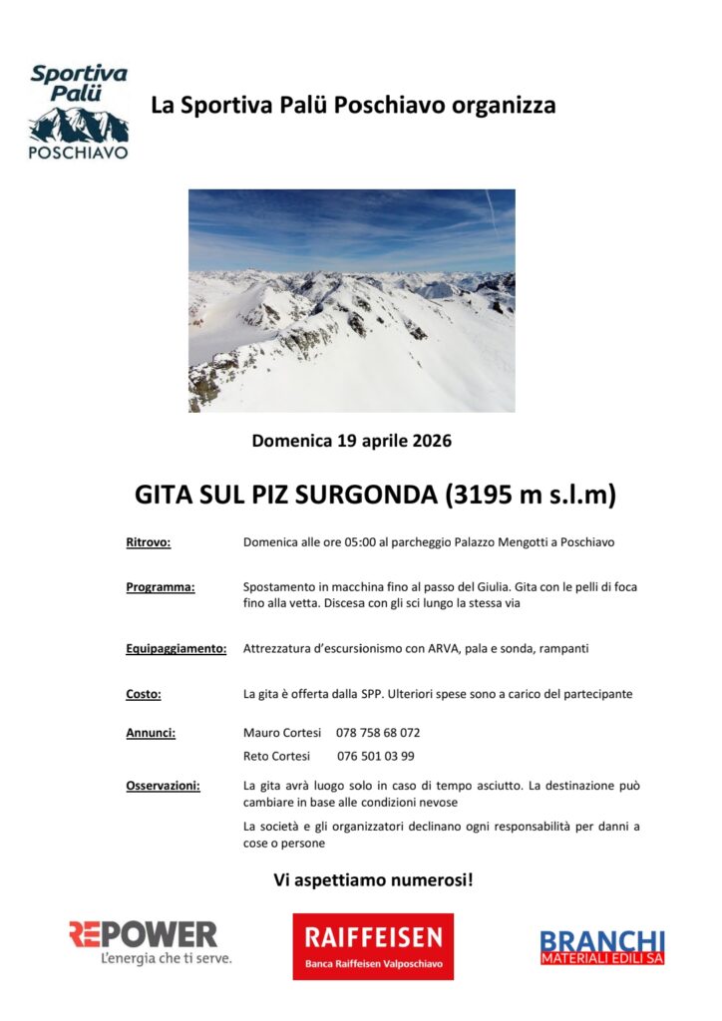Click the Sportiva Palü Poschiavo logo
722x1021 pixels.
79,112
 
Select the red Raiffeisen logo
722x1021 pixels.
373,945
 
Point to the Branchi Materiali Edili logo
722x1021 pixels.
602,946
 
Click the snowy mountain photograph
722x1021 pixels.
352,300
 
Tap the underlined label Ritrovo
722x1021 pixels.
149,542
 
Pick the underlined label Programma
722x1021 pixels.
161,587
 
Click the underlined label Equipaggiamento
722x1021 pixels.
177,648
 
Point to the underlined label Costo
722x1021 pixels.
144,694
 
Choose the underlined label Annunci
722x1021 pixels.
151,733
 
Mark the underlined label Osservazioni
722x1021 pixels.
163,786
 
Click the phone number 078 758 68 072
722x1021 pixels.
378,733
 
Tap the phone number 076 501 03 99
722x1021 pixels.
376,756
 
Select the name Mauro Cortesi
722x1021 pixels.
282,733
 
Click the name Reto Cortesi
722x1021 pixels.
276,756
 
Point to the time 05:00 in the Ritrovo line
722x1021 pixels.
361,542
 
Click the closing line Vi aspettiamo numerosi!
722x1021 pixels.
373,880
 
